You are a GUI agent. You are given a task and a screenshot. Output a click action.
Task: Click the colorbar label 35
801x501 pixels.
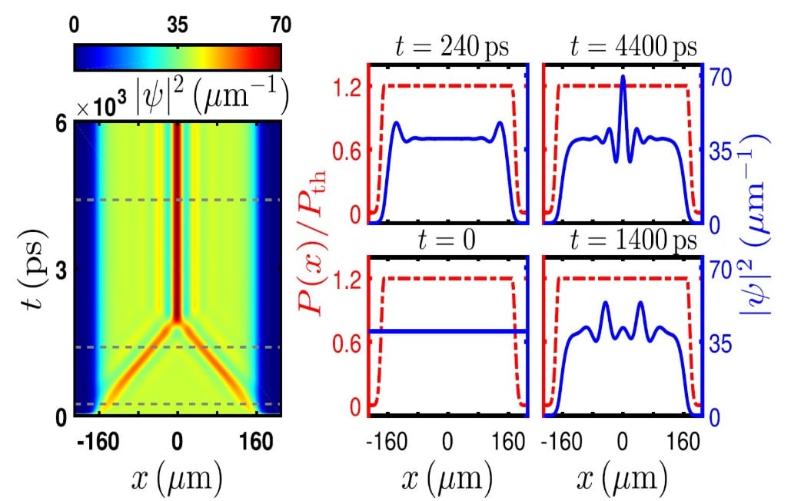point(178,25)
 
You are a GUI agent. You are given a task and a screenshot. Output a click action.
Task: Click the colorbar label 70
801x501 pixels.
point(270,25)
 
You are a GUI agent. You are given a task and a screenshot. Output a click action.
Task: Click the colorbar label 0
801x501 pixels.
point(75,25)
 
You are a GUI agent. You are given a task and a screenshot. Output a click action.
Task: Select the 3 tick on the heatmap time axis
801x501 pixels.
point(61,270)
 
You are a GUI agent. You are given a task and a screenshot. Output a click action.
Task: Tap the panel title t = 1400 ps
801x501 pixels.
point(621,241)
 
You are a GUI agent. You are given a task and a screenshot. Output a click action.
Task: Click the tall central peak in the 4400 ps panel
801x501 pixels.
point(622,79)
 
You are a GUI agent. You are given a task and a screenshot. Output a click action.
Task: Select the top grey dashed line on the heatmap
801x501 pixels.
point(178,200)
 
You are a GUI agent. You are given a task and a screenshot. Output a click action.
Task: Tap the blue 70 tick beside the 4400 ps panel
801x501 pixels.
point(720,78)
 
